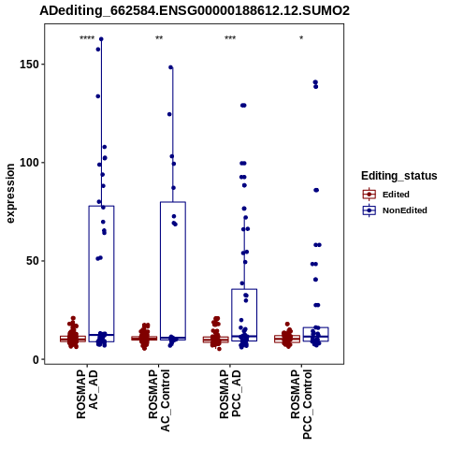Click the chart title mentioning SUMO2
click(195, 11)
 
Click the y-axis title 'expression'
click(10, 194)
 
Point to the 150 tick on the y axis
click(30, 65)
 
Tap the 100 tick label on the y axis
click(30, 163)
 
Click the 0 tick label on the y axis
click(36, 359)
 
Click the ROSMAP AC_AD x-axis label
click(87, 394)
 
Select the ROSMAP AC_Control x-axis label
click(159, 400)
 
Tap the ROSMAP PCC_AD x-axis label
click(230, 394)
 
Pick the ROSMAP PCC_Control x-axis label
click(301, 404)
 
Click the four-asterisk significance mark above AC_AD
click(87, 38)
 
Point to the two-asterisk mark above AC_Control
click(159, 38)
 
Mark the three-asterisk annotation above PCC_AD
click(230, 38)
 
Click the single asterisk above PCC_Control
click(301, 38)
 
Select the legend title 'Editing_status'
click(399, 176)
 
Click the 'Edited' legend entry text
click(396, 195)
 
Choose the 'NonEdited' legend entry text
click(405, 210)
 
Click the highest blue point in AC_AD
click(101, 39)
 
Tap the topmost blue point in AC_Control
click(171, 67)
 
